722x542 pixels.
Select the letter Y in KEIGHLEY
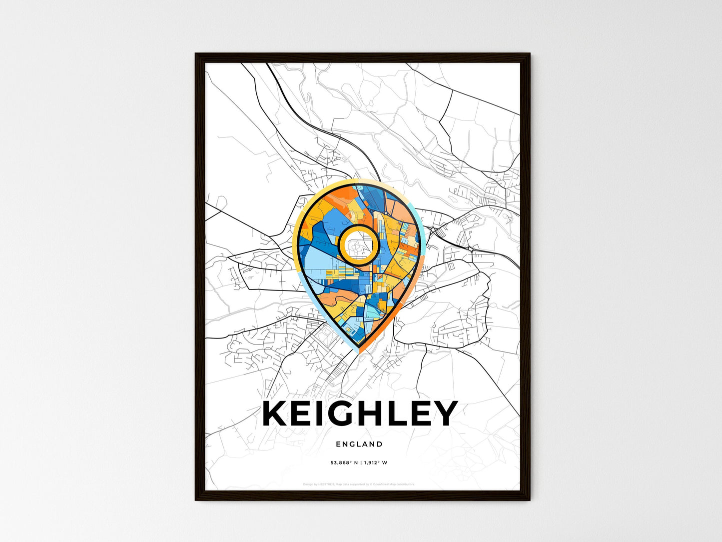point(444,413)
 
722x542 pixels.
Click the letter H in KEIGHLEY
point(367,413)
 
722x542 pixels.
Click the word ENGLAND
point(359,444)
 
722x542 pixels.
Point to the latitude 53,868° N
point(343,463)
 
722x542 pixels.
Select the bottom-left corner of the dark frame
point(196,499)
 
